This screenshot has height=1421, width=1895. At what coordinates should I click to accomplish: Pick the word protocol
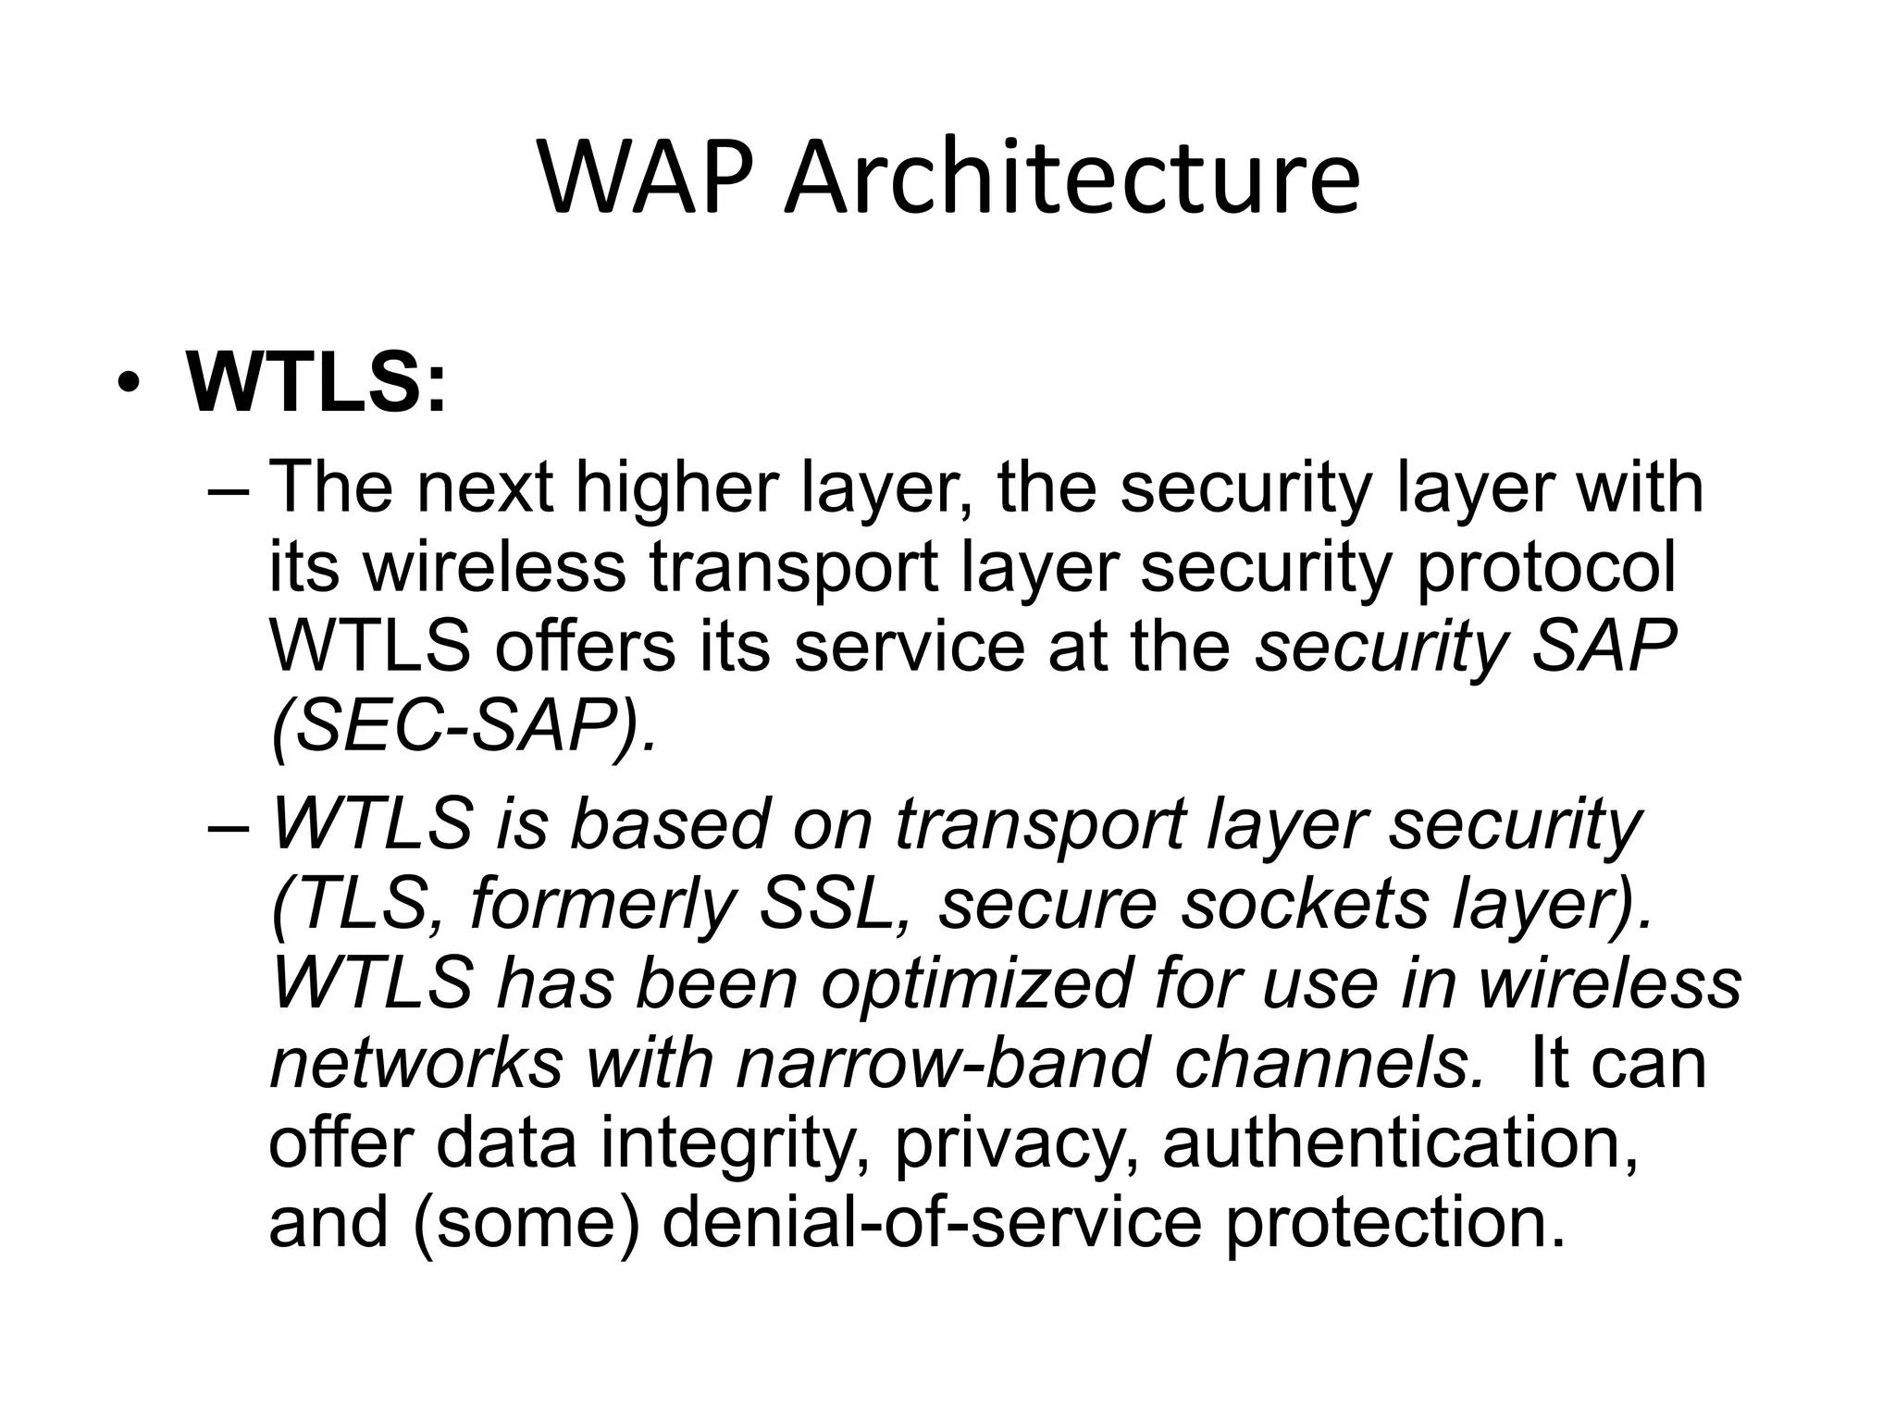click(x=1545, y=569)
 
